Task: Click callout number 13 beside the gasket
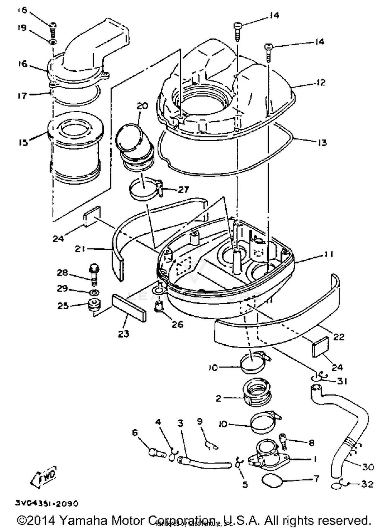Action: tap(322, 142)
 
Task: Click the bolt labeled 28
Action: tap(94, 275)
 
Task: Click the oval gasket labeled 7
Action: tap(272, 481)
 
